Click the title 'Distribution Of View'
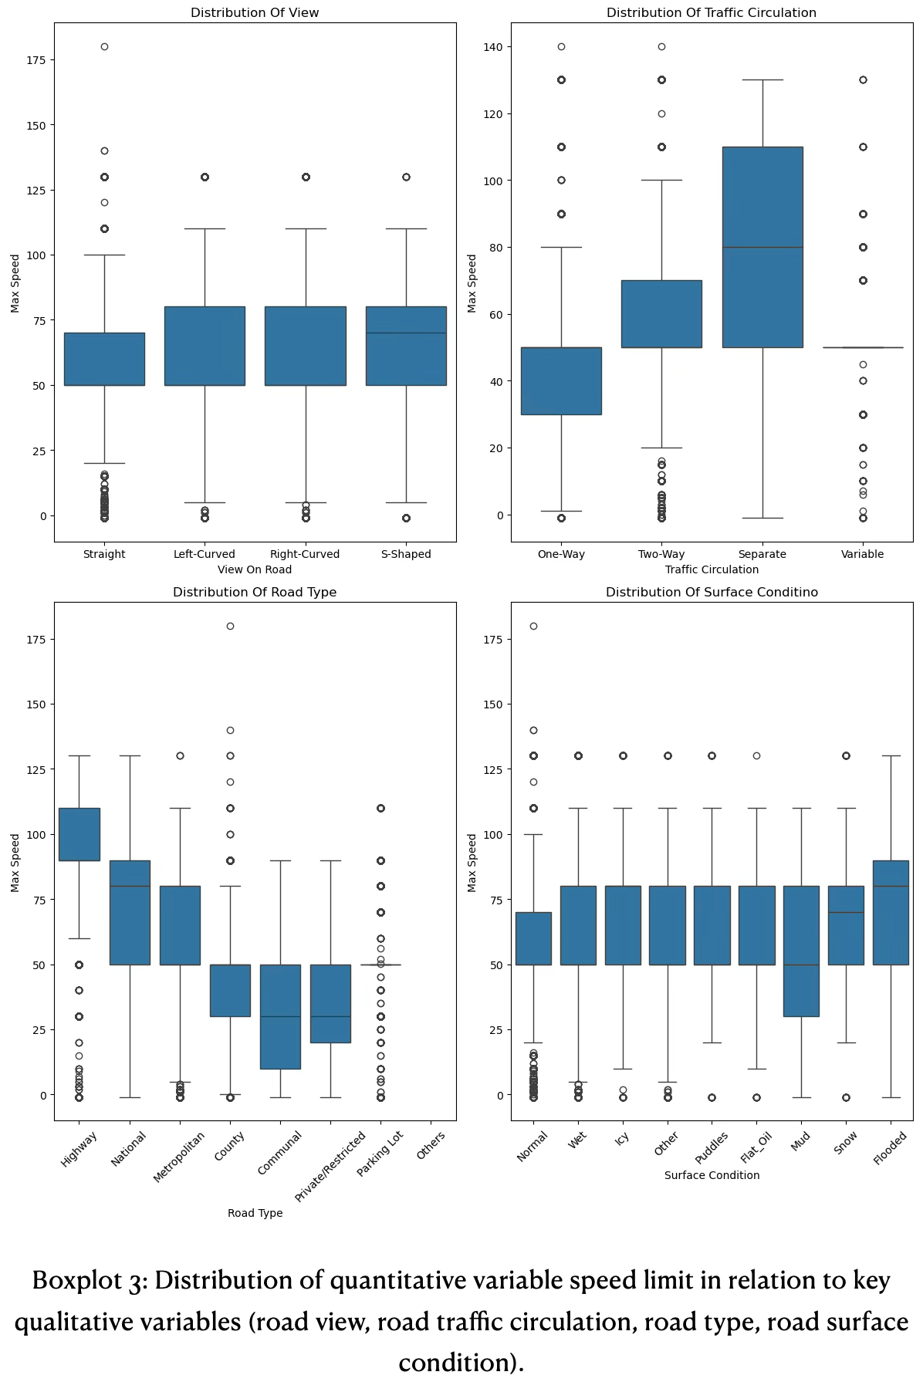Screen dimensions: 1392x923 click(255, 13)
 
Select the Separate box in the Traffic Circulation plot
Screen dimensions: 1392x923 click(762, 247)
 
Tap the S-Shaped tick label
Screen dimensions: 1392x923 click(406, 554)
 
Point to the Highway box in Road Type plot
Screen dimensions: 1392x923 click(79, 834)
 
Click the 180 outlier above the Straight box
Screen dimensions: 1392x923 click(104, 47)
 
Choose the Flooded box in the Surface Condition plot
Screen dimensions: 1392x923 click(891, 912)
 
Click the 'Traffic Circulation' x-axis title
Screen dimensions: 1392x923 click(712, 569)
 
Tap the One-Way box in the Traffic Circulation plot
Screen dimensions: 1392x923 click(561, 381)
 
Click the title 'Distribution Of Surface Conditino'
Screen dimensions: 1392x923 click(712, 593)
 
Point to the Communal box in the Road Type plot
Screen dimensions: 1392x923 click(280, 1016)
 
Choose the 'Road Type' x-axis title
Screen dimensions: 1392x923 click(255, 1213)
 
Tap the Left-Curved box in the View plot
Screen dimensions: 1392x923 click(205, 346)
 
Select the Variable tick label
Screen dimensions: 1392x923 click(863, 554)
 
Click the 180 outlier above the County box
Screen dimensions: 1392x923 click(230, 627)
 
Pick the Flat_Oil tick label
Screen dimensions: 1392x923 click(756, 1147)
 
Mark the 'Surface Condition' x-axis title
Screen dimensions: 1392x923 click(712, 1175)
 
